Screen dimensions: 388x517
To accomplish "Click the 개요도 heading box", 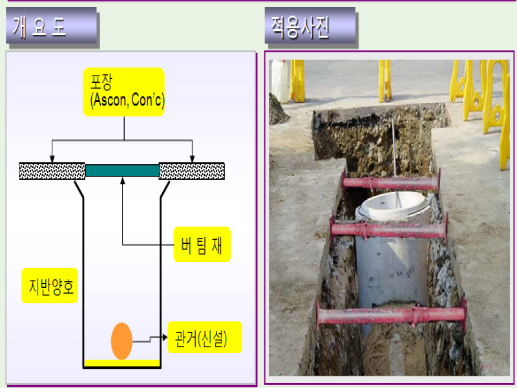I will point(51,28).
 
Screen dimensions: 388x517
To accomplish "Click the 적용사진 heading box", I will point(310,28).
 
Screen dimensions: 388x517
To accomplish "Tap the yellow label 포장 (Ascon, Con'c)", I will point(123,92).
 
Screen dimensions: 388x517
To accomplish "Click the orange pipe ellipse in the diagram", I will point(121,341).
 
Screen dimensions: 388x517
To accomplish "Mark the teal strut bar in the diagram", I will point(122,171).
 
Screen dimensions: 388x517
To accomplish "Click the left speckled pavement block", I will point(52,171).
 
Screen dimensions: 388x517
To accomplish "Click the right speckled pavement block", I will point(191,171).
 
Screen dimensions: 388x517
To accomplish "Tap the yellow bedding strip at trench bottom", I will point(121,363).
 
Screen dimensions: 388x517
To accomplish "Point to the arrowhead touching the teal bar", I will point(122,181).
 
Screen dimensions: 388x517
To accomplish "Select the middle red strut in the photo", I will point(388,229).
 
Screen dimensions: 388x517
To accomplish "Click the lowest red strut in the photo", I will point(391,316).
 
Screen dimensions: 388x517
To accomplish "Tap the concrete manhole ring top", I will point(394,206).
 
